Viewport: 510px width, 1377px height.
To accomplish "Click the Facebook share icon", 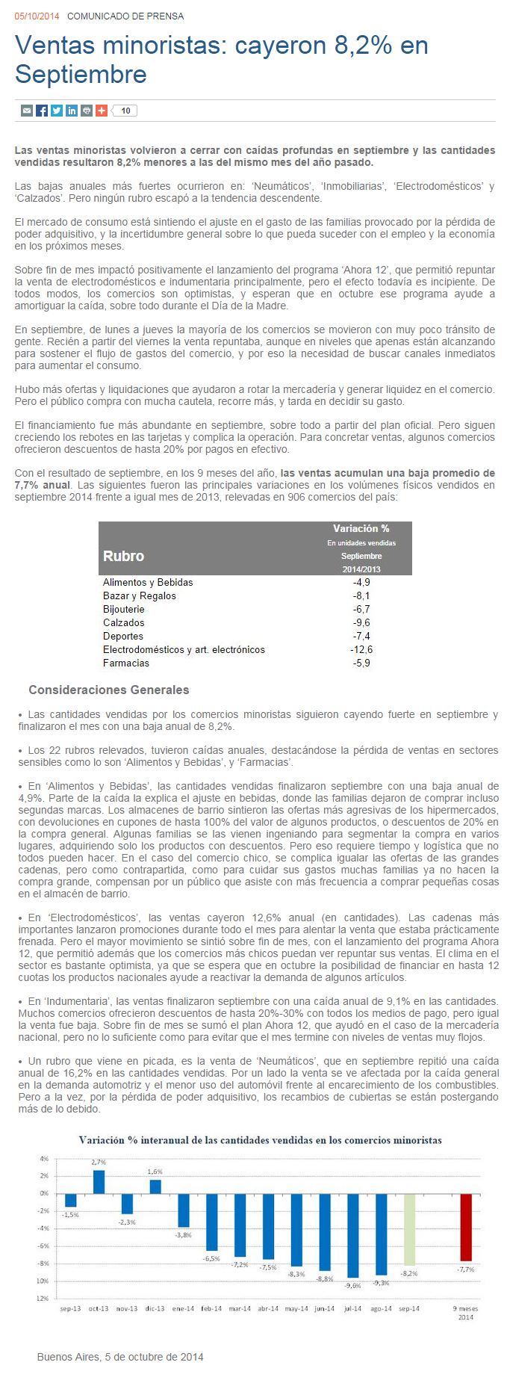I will [x=42, y=111].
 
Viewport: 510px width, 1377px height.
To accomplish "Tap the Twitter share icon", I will [x=57, y=111].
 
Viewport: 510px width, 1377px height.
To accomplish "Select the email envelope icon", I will [x=27, y=111].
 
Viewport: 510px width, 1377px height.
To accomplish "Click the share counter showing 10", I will [x=125, y=111].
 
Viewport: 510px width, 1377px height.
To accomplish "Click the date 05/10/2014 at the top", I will [x=37, y=16].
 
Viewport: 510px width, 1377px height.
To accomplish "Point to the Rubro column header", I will [x=124, y=556].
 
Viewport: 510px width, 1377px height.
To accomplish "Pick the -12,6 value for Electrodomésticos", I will [x=361, y=650].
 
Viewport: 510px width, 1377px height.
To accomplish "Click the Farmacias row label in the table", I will [x=126, y=663].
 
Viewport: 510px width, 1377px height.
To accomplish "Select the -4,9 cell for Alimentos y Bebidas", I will [x=361, y=583].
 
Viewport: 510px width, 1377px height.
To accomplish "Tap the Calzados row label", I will [x=124, y=623].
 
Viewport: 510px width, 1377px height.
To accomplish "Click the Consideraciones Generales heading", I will [x=109, y=690].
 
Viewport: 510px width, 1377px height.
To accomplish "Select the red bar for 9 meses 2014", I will [x=466, y=1227].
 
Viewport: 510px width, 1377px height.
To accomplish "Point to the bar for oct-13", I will [x=99, y=1181].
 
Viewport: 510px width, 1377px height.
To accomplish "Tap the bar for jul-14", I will [x=352, y=1235].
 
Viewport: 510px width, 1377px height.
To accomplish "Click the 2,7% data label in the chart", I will [x=99, y=1163].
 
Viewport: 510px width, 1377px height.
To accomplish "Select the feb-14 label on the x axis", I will [x=211, y=1308].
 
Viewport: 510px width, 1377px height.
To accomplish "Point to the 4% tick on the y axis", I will [x=44, y=1159].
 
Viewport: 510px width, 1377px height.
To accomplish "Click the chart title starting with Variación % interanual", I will [x=261, y=1140].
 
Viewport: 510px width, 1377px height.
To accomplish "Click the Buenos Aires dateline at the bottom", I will [x=120, y=1357].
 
